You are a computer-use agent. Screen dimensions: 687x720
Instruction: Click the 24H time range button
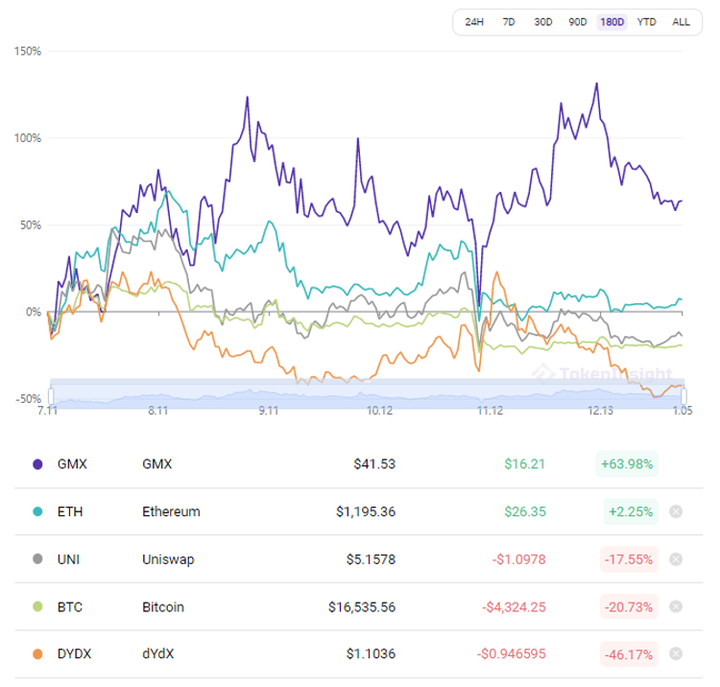click(474, 22)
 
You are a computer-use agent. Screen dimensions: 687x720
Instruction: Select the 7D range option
click(509, 22)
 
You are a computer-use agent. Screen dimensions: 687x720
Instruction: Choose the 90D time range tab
click(578, 22)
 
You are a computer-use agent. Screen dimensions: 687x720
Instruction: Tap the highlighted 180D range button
click(612, 22)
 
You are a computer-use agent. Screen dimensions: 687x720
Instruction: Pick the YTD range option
click(647, 22)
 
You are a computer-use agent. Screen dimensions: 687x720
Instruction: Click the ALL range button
click(681, 22)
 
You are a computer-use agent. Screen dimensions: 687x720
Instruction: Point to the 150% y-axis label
click(28, 51)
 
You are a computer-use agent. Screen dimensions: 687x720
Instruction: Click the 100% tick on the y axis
click(28, 138)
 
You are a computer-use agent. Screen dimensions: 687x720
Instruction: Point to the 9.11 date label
click(268, 411)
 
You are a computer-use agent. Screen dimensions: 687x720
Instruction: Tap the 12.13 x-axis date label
click(600, 411)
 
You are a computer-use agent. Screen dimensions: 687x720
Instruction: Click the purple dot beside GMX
click(37, 464)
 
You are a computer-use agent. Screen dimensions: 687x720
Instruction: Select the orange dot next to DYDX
click(37, 654)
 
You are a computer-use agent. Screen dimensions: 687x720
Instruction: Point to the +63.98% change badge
click(627, 464)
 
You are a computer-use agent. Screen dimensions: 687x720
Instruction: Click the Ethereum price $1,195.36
click(366, 511)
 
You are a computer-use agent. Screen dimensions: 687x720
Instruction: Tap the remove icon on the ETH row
click(676, 511)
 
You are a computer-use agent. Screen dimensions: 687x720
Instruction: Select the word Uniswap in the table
click(165, 559)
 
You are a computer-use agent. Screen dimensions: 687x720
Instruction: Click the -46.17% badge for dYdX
click(627, 654)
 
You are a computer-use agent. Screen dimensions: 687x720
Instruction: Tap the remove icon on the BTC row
click(676, 606)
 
